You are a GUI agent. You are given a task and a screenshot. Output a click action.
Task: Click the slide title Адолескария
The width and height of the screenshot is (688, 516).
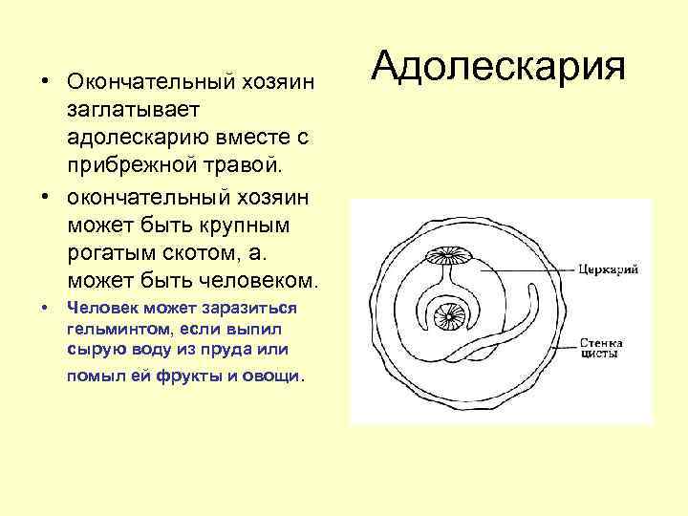point(498,66)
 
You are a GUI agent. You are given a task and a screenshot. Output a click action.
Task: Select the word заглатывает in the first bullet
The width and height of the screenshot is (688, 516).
point(128,113)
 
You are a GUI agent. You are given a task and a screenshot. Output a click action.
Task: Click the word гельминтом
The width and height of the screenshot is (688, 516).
point(111,330)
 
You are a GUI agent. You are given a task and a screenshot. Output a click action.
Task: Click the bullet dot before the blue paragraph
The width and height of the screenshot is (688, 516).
point(44,309)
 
